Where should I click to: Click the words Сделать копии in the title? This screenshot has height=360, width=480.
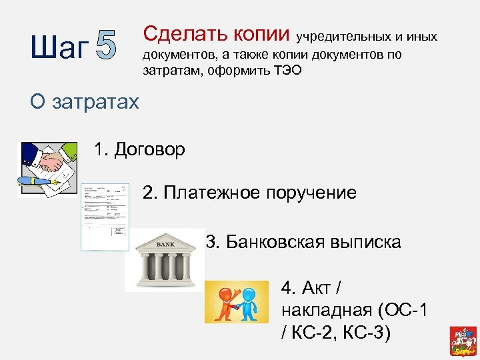click(x=217, y=33)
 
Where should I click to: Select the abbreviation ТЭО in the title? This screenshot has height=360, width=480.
click(x=285, y=70)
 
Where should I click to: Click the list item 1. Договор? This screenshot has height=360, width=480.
click(x=140, y=149)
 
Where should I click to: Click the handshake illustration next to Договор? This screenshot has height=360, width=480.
click(x=47, y=169)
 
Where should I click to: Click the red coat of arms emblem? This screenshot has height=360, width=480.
click(x=459, y=337)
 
